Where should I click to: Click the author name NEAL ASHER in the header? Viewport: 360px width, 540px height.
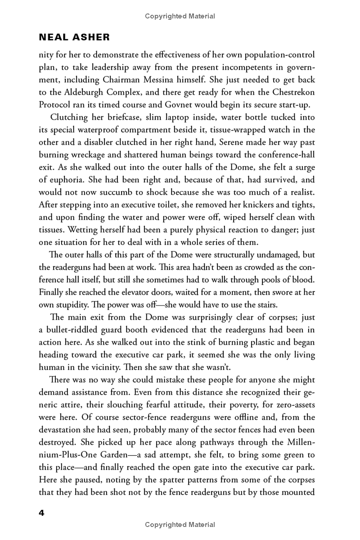pos(74,37)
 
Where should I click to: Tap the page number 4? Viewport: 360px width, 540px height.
pos(42,514)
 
